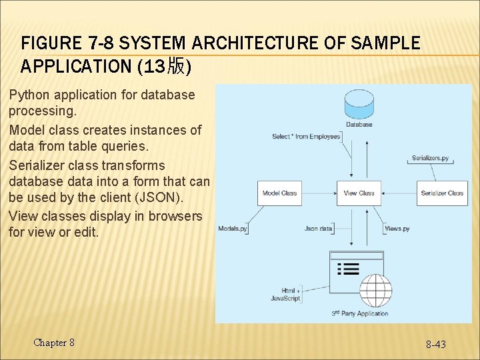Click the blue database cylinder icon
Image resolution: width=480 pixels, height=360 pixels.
[x=359, y=103]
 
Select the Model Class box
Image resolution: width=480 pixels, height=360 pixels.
[x=279, y=193]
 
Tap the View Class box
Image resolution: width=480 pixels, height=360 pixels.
[x=359, y=193]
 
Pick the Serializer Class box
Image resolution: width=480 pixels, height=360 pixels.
[x=442, y=193]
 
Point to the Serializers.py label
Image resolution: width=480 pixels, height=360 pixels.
[x=430, y=159]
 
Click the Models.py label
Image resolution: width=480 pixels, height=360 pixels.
[x=233, y=229]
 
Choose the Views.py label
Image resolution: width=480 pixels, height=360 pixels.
[x=397, y=229]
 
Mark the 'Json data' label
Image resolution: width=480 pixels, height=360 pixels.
[x=318, y=229]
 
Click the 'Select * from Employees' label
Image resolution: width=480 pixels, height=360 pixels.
[x=306, y=137]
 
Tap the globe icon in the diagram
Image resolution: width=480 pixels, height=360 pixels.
[x=376, y=291]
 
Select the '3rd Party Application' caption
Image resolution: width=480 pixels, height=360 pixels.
[x=360, y=313]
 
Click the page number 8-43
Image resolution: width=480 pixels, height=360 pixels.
[x=436, y=344]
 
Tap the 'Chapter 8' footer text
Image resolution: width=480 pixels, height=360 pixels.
[x=54, y=343]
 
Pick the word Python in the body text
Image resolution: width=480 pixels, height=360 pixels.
[x=31, y=95]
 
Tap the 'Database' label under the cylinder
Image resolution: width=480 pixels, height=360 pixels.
[x=359, y=124]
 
